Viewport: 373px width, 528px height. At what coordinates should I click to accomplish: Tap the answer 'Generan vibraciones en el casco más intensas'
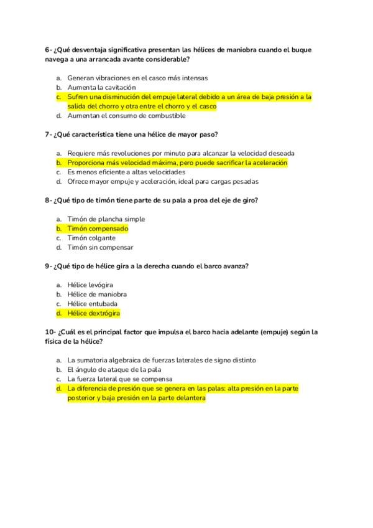click(137, 78)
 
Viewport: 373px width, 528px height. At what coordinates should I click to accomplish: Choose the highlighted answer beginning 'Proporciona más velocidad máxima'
click(177, 163)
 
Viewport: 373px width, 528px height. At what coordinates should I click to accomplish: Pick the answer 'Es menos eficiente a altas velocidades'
click(126, 172)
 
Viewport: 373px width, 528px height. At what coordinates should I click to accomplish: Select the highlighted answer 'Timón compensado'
click(98, 229)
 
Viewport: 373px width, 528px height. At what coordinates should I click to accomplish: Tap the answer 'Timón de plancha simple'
click(106, 219)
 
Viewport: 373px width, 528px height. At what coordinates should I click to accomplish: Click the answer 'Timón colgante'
click(91, 238)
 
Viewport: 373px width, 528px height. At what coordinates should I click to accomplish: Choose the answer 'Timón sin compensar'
click(100, 247)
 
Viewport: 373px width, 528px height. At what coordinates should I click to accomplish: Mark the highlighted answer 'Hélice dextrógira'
click(93, 313)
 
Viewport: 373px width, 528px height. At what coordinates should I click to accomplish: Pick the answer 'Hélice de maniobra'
click(97, 295)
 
